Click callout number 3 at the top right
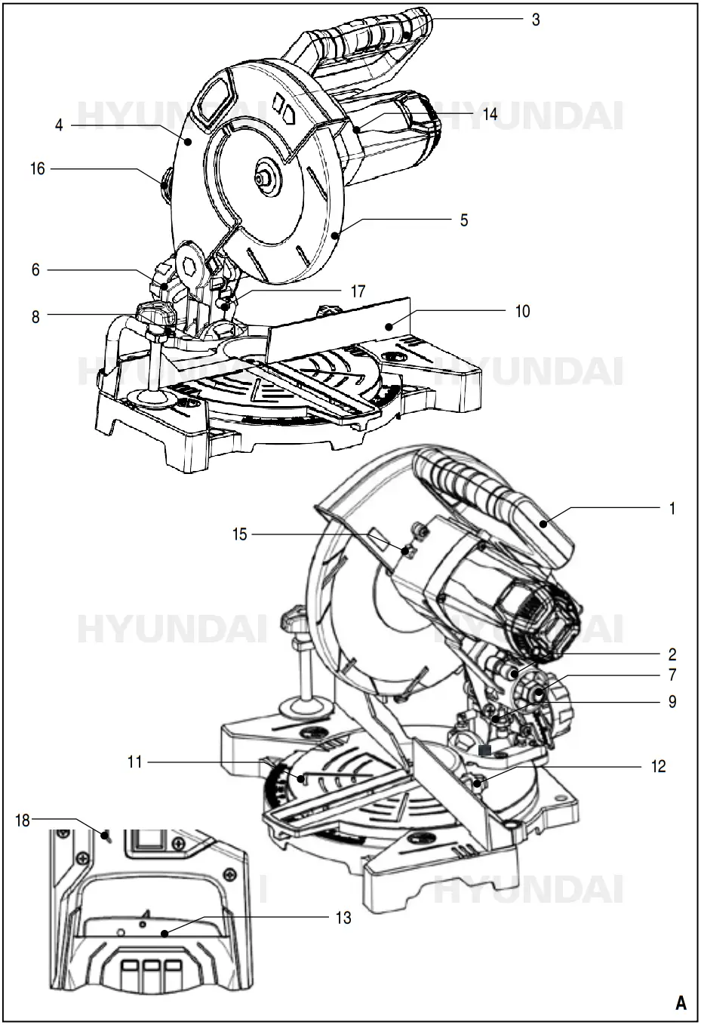pyautogui.click(x=535, y=20)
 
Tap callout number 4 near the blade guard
pyautogui.click(x=59, y=125)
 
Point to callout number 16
pyautogui.click(x=38, y=169)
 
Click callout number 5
pyautogui.click(x=464, y=220)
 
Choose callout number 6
pyautogui.click(x=35, y=269)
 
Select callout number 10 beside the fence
pyautogui.click(x=522, y=311)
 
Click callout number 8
pyautogui.click(x=35, y=317)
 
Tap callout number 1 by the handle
pyautogui.click(x=672, y=509)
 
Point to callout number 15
pyautogui.click(x=240, y=534)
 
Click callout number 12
pyautogui.click(x=658, y=766)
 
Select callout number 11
pyautogui.click(x=134, y=762)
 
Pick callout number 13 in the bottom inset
pyautogui.click(x=343, y=918)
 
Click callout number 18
pyautogui.click(x=23, y=820)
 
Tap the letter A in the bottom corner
pyautogui.click(x=681, y=1003)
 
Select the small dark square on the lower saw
pyautogui.click(x=484, y=750)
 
